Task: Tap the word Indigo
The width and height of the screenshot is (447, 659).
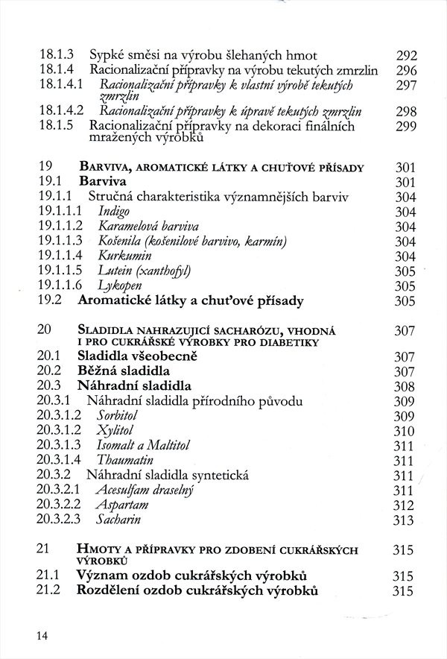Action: (x=112, y=212)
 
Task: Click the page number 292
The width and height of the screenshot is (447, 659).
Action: (x=406, y=55)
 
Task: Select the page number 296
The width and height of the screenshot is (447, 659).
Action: (x=406, y=70)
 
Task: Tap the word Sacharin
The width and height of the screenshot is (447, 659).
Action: (x=119, y=520)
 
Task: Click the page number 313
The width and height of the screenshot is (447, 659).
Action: (x=403, y=520)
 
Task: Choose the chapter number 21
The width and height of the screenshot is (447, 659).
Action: (x=42, y=549)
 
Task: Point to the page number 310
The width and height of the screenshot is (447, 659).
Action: (x=403, y=430)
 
